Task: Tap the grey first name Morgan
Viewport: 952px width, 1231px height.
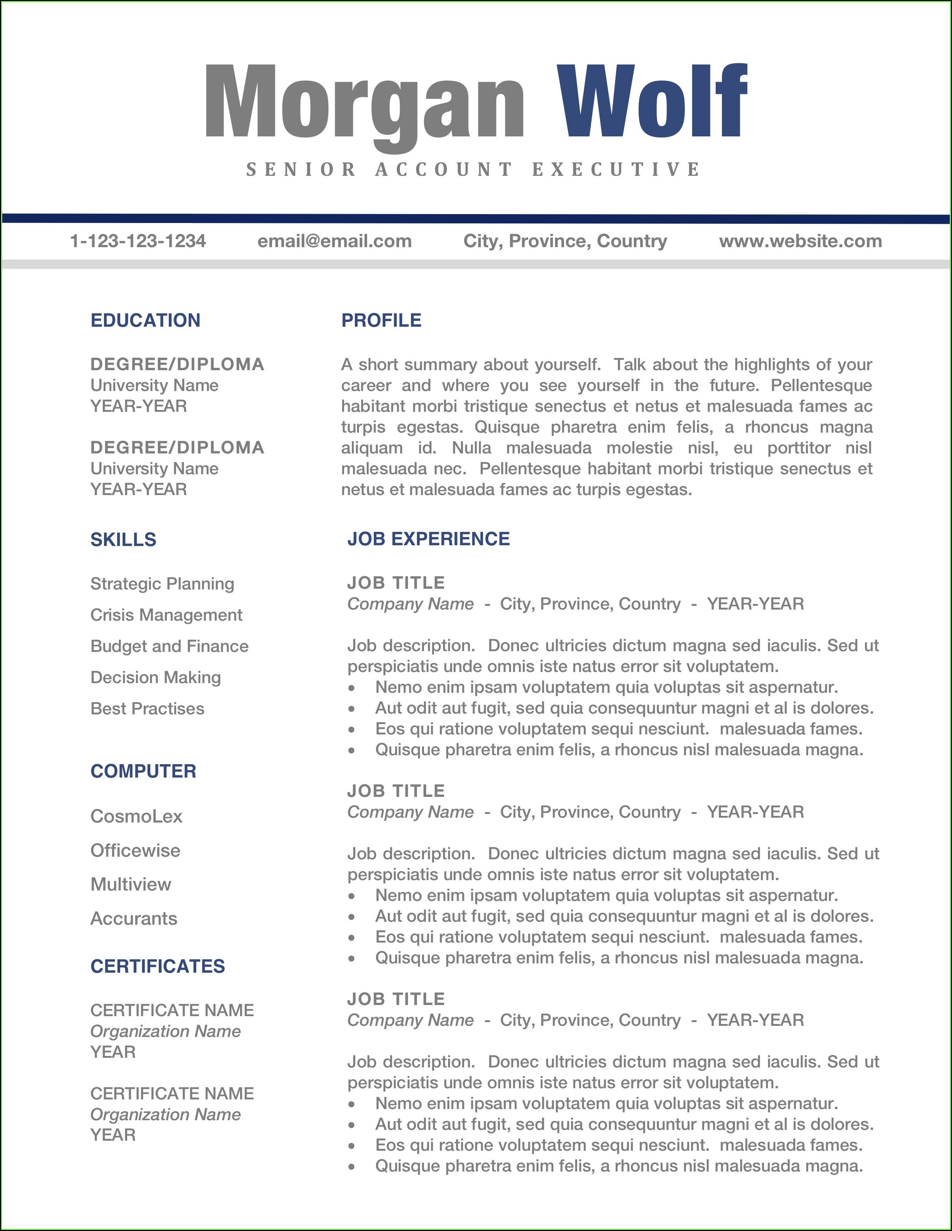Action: tap(365, 104)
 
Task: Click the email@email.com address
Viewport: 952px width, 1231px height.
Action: tap(334, 241)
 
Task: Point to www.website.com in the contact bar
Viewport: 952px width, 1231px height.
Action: tap(800, 241)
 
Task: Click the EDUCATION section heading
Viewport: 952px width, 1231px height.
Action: tap(145, 320)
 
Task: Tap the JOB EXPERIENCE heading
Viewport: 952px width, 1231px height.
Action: tap(428, 539)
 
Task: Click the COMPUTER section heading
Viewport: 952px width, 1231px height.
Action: tap(143, 771)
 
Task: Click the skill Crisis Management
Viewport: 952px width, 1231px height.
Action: tap(166, 615)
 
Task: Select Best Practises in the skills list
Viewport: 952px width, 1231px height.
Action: tap(147, 708)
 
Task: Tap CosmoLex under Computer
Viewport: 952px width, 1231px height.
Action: tap(136, 816)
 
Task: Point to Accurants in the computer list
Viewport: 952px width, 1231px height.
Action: tap(133, 919)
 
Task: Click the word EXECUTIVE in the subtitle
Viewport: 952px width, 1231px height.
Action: tap(616, 169)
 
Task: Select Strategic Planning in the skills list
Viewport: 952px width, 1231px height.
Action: tap(162, 584)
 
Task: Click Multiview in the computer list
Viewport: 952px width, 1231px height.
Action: tap(131, 884)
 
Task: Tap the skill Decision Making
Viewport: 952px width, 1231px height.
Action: tap(156, 678)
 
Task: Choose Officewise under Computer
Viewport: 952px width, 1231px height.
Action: tap(135, 850)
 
